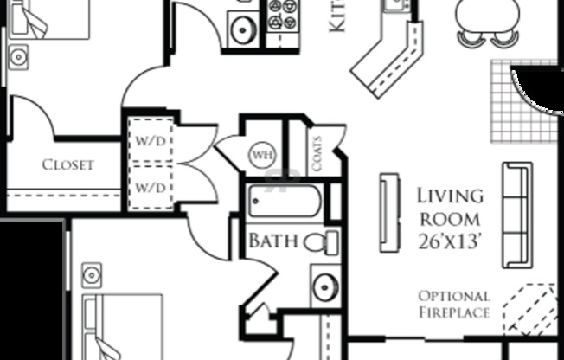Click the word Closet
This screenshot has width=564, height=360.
click(x=67, y=164)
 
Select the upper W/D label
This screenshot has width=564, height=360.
click(x=152, y=140)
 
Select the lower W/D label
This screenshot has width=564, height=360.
click(x=152, y=186)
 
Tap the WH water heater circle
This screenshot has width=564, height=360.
click(x=261, y=156)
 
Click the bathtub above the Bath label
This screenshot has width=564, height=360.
click(x=284, y=202)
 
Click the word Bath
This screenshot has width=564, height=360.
click(x=273, y=241)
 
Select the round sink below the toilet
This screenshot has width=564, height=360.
click(x=325, y=286)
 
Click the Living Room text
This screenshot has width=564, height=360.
click(x=450, y=208)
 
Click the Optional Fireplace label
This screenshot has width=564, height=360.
click(x=454, y=304)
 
